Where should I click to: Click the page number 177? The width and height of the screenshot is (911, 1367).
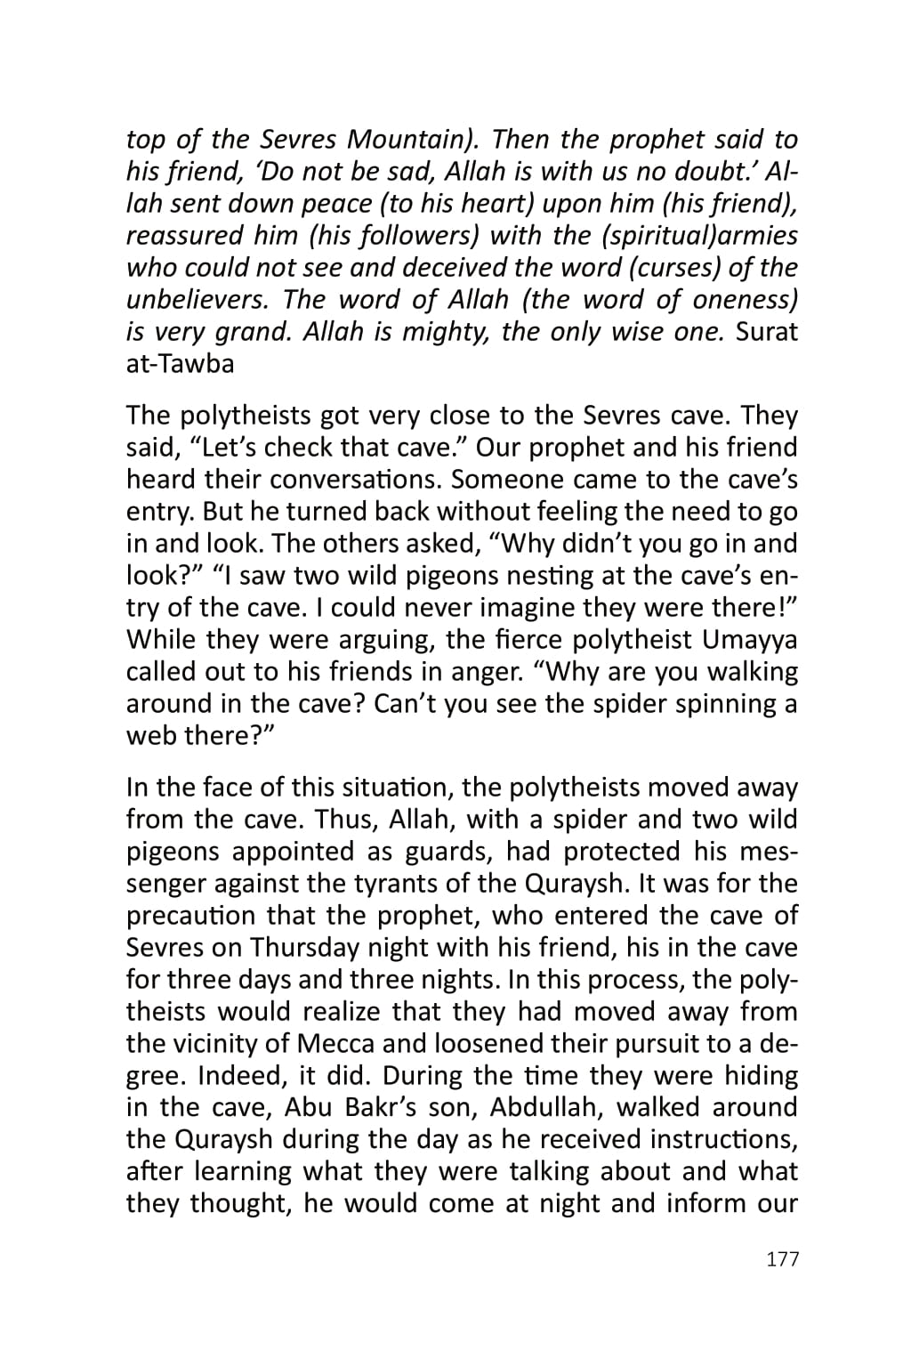[x=782, y=1258]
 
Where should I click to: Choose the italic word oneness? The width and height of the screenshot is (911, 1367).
[x=745, y=300]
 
